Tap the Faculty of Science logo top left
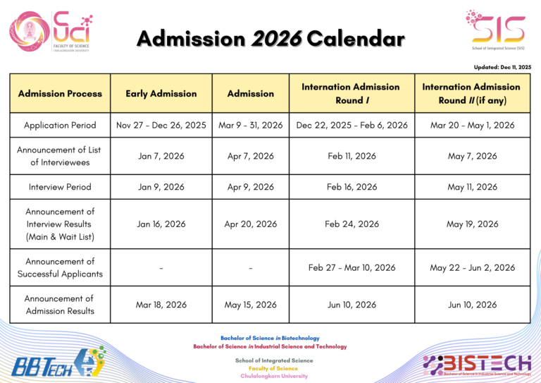click(49, 31)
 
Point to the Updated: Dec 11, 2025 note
click(502, 67)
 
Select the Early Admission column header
click(161, 93)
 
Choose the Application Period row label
click(61, 125)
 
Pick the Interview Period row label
click(61, 187)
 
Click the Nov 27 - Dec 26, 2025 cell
click(161, 125)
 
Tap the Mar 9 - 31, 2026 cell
click(251, 125)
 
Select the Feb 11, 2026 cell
click(352, 156)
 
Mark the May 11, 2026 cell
click(471, 187)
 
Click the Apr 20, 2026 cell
click(251, 224)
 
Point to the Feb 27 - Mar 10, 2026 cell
click(352, 267)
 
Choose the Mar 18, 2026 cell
click(161, 305)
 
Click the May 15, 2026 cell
click(251, 305)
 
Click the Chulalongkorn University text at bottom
click(274, 376)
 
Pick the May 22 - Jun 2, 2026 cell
click(471, 267)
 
